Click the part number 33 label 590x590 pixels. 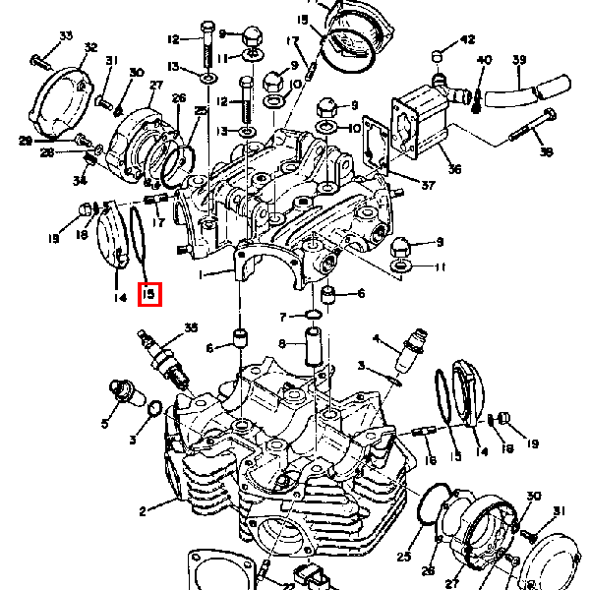click(66, 36)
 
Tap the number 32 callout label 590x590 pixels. click(90, 48)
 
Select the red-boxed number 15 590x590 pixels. click(149, 294)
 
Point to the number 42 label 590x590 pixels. click(467, 39)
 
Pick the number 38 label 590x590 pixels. click(546, 152)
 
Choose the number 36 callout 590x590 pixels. click(453, 169)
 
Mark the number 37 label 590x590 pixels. click(427, 186)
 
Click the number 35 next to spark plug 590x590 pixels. click(191, 326)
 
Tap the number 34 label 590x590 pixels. click(79, 180)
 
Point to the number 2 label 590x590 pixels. click(143, 510)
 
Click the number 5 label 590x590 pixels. click(105, 424)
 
